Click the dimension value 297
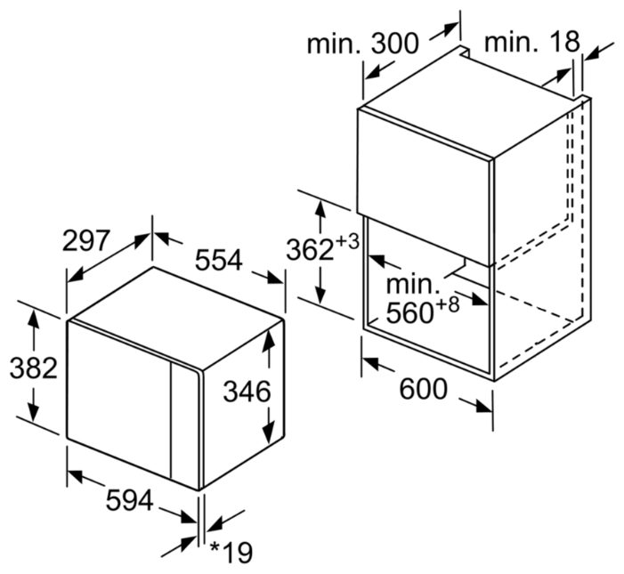click(85, 240)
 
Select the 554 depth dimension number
click(218, 260)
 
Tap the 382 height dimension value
click(34, 368)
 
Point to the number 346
click(247, 392)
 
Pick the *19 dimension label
click(231, 552)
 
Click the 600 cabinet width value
click(423, 389)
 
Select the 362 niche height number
click(310, 250)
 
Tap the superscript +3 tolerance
click(347, 241)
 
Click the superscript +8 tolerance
click(447, 304)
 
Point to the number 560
click(409, 312)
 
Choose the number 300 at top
click(394, 43)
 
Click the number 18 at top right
click(564, 41)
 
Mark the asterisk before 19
click(215, 546)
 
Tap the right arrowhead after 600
click(483, 406)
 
